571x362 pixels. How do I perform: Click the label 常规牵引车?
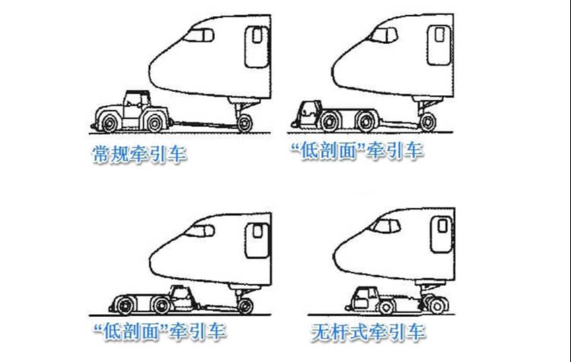tap(139, 154)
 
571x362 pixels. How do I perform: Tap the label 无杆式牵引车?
tap(368, 332)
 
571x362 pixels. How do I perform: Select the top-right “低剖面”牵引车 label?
tap(357, 150)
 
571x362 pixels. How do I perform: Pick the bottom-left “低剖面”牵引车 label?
tap(160, 331)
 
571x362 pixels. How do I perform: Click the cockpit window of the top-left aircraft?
tap(199, 36)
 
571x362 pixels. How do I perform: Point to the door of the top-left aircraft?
tap(257, 46)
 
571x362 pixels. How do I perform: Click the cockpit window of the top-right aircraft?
tap(383, 35)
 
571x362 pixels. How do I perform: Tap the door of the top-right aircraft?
tap(440, 45)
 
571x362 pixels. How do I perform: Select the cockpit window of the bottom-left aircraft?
tap(199, 231)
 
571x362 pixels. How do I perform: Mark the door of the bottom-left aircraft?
tap(257, 241)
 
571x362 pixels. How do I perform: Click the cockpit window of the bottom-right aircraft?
tap(386, 226)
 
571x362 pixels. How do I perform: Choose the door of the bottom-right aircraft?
tap(442, 234)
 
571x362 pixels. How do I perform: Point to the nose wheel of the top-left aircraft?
tap(245, 123)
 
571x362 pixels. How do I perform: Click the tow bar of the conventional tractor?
tap(203, 124)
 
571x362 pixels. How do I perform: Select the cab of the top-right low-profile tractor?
tap(310, 113)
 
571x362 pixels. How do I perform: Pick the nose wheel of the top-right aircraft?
tap(428, 122)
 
